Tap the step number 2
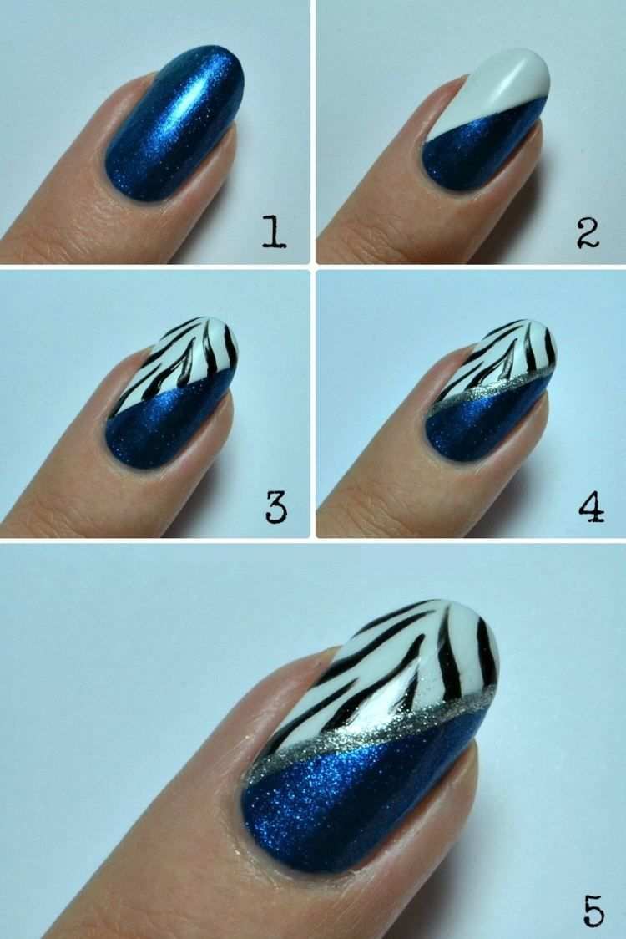pos(588,234)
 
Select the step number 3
pos(276,508)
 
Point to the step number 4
pos(591,506)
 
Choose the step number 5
pos(593,911)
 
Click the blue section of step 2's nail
pos(479,150)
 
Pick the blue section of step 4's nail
pos(479,425)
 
